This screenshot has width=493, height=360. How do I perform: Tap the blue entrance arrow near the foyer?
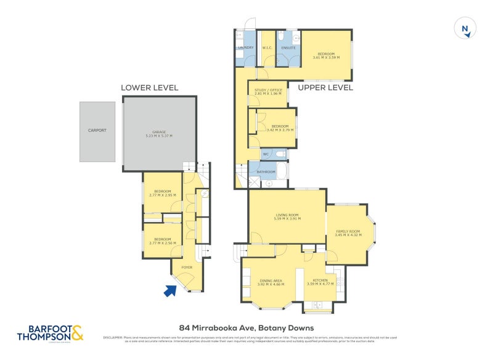(x=169, y=290)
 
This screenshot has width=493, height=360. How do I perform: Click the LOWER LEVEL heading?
(x=149, y=88)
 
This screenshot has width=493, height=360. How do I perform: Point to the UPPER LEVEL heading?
(x=325, y=88)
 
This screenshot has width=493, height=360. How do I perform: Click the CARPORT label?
(x=97, y=131)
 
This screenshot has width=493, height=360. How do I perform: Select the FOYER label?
(x=186, y=268)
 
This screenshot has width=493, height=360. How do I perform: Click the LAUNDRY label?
(x=245, y=47)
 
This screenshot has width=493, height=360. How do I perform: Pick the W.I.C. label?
(x=267, y=47)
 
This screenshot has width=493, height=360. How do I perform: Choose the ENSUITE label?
(x=288, y=47)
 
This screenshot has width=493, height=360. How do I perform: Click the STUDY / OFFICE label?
(x=267, y=91)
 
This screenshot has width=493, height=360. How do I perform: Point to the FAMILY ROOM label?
(x=347, y=231)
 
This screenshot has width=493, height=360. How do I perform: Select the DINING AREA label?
(x=272, y=280)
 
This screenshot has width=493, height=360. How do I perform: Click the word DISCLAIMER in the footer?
(x=113, y=337)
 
